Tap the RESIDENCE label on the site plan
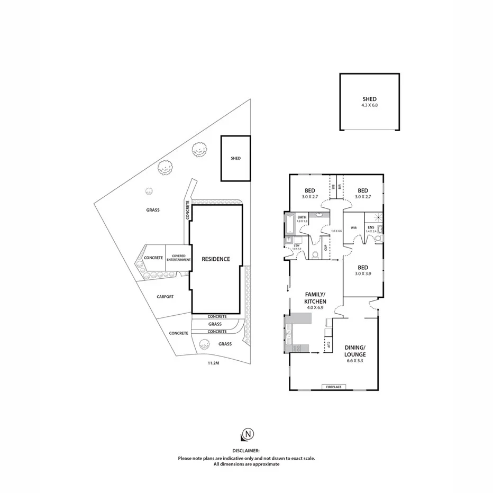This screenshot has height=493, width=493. (216, 259)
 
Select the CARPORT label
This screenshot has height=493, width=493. (165, 297)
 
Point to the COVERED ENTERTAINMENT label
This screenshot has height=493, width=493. (178, 258)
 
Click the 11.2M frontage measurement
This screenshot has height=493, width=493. (213, 363)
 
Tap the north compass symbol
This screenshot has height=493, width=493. (246, 434)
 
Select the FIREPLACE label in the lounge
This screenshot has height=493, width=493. (334, 387)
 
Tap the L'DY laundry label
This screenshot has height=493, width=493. (296, 245)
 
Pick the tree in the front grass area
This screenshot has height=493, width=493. (203, 344)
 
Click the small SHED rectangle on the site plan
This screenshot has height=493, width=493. (235, 158)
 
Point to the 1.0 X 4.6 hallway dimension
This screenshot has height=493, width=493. (336, 231)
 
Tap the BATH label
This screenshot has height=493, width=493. (302, 217)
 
